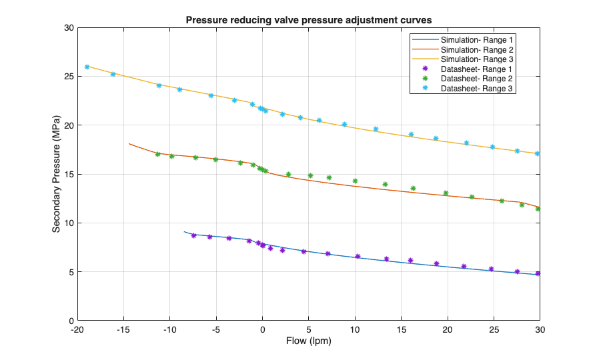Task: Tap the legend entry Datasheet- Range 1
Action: point(476,69)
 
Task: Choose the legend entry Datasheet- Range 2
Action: point(476,79)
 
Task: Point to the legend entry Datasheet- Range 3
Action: point(476,89)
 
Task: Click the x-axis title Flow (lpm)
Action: point(308,341)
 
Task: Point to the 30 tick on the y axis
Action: point(68,28)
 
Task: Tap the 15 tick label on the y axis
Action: point(68,175)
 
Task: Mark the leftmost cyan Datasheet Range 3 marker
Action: point(87,67)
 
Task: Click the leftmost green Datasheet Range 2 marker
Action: point(158,154)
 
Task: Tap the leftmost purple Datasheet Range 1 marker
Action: point(194,235)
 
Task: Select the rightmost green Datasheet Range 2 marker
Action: point(538,209)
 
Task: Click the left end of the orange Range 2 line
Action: point(129,143)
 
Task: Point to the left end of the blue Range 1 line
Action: point(185,232)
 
